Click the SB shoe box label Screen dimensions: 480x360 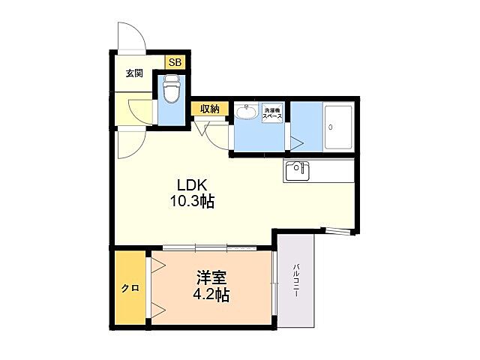pyautogui.click(x=175, y=63)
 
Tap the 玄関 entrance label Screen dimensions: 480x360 pyautogui.click(x=134, y=73)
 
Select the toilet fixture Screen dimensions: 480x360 pyautogui.click(x=171, y=88)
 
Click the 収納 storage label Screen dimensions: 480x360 pyautogui.click(x=210, y=109)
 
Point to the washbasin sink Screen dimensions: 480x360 pyautogui.click(x=247, y=112)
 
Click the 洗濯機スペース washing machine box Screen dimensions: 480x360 pyautogui.click(x=273, y=113)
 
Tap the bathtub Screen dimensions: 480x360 pyautogui.click(x=338, y=127)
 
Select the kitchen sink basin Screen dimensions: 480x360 pyautogui.click(x=298, y=170)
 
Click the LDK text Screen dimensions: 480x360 pyautogui.click(x=192, y=185)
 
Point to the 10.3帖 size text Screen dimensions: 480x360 pyautogui.click(x=192, y=202)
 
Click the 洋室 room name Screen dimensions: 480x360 pyautogui.click(x=211, y=277)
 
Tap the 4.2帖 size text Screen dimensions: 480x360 pyautogui.click(x=211, y=295)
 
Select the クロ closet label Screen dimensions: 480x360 pyautogui.click(x=130, y=288)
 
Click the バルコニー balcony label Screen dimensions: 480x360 pyautogui.click(x=295, y=280)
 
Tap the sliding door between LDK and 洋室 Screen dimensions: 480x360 pyautogui.click(x=210, y=247)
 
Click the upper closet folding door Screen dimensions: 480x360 pyautogui.click(x=158, y=264)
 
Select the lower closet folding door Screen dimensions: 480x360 pyautogui.click(x=158, y=311)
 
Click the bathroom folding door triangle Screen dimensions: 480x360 pyautogui.click(x=296, y=143)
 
